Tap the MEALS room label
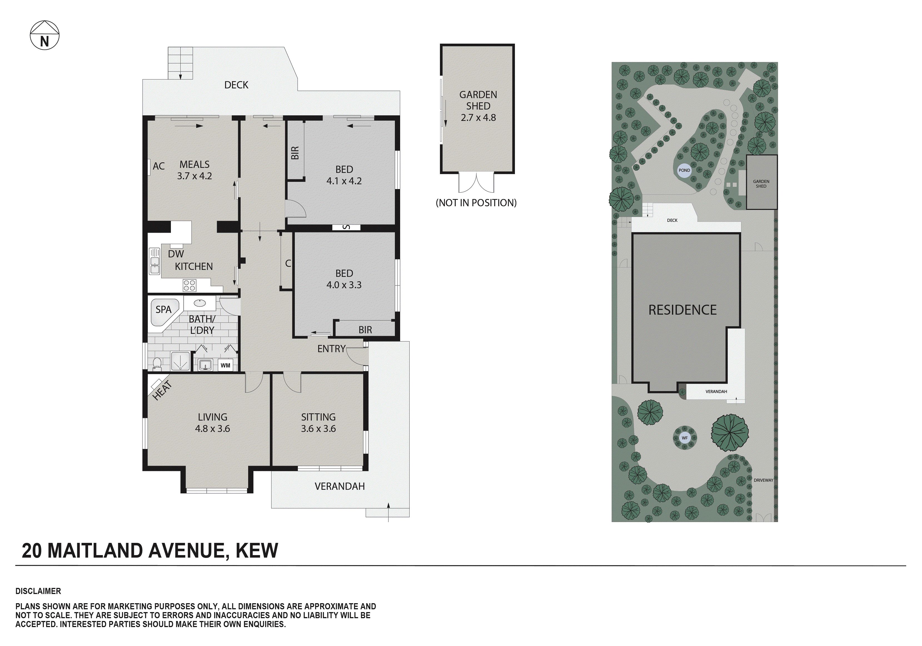(x=194, y=164)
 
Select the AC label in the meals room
(x=159, y=166)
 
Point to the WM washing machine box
(x=225, y=365)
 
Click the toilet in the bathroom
(x=157, y=364)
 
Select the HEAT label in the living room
(x=162, y=390)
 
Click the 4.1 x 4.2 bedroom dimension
(x=344, y=181)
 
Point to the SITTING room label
(x=318, y=417)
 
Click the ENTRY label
(x=331, y=349)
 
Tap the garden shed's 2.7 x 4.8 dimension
(x=478, y=118)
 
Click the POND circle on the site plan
(x=684, y=170)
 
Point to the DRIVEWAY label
(x=763, y=480)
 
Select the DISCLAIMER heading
(x=38, y=591)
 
